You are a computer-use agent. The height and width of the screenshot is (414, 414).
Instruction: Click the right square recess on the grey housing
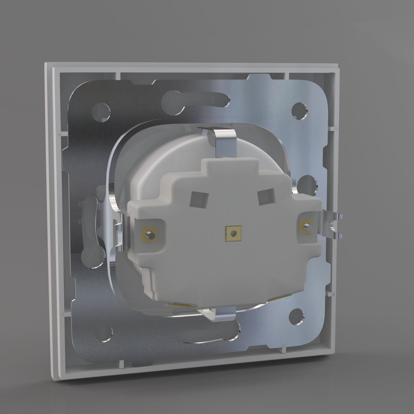click(265, 198)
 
